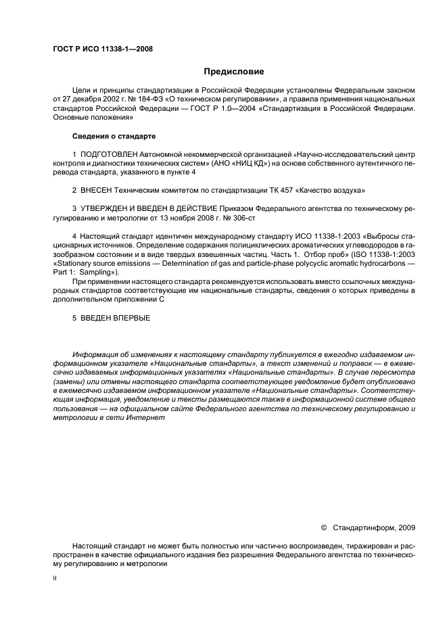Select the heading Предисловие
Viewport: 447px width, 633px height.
[234, 72]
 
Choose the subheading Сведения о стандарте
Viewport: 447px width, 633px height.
[114, 136]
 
